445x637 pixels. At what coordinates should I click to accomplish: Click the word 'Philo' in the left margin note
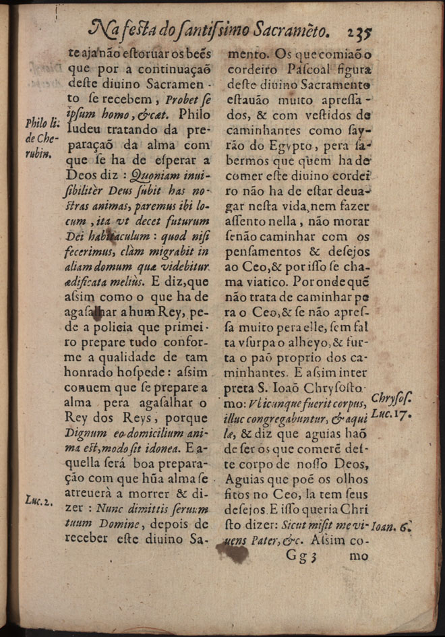(34, 123)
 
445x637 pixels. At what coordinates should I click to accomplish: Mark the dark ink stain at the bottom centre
(232, 553)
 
